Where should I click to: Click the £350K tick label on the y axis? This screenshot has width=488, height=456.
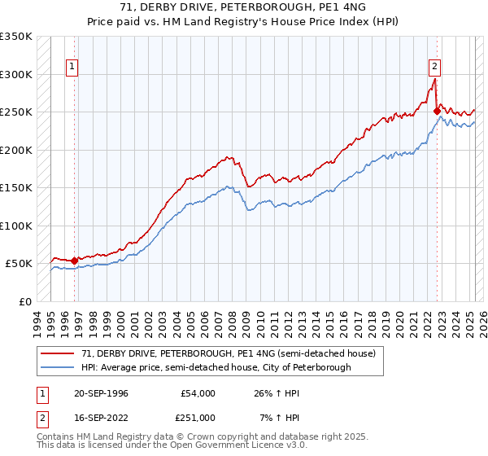click(16, 37)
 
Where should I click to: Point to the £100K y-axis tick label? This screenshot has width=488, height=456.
click(16, 226)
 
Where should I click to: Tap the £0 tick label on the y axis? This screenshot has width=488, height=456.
click(24, 301)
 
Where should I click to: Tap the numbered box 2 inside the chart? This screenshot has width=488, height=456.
click(435, 68)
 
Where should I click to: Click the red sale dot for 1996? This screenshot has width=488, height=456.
click(75, 261)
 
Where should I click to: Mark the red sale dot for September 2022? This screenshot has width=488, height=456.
click(437, 112)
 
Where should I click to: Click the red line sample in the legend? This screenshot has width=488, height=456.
click(59, 354)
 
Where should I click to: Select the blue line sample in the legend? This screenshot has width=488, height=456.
click(59, 368)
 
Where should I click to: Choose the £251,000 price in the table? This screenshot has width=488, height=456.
click(198, 417)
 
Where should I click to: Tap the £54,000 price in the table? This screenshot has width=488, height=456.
click(198, 393)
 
